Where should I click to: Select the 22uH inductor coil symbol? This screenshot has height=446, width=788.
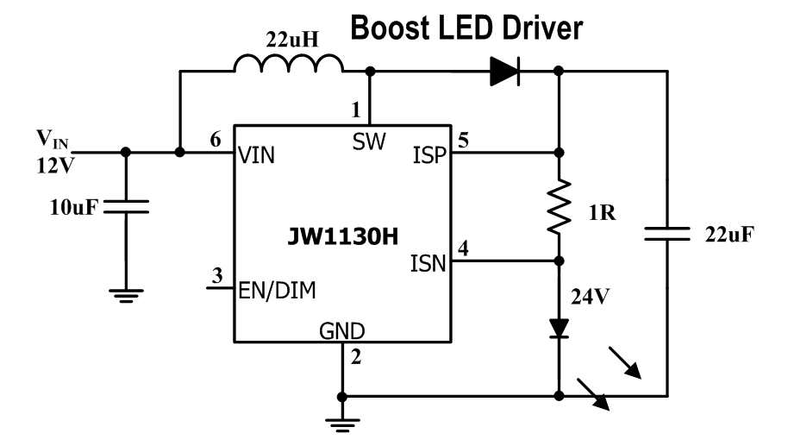tap(288, 66)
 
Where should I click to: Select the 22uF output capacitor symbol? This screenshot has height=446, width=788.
tap(667, 233)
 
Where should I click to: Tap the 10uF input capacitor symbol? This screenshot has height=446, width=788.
tap(126, 206)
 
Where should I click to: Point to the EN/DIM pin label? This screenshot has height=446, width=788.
tap(276, 291)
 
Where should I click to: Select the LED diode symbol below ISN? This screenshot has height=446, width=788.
tap(560, 329)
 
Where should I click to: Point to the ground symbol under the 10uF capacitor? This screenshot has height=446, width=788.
tap(126, 294)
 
